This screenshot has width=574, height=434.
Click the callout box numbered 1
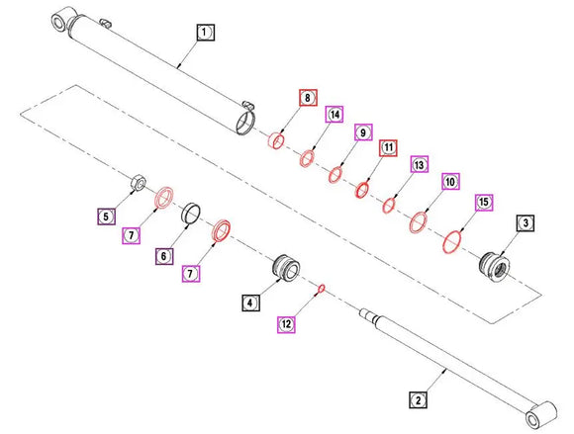[206, 33]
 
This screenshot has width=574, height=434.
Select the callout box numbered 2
[418, 400]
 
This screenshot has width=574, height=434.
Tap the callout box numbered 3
[526, 223]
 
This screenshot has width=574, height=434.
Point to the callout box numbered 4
[250, 303]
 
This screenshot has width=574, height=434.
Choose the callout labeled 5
[106, 217]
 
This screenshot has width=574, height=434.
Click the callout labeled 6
[164, 256]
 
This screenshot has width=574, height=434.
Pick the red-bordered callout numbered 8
[308, 98]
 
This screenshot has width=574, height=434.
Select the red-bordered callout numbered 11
[388, 147]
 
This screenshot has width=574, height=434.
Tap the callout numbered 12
[286, 324]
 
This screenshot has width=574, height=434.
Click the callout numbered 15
[484, 203]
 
